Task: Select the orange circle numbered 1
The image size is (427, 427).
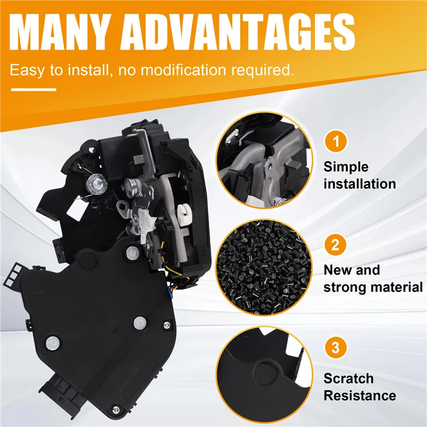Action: pyautogui.click(x=335, y=143)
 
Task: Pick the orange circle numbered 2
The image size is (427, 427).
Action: pyautogui.click(x=335, y=246)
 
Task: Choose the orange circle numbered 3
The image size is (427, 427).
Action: pyautogui.click(x=335, y=349)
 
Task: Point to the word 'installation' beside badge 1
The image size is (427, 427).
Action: pyautogui.click(x=359, y=184)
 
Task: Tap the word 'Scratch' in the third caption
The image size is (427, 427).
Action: pyautogui.click(x=349, y=378)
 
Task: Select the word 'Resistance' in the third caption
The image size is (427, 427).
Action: pyautogui.click(x=359, y=396)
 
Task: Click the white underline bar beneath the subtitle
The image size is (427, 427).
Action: pyautogui.click(x=33, y=89)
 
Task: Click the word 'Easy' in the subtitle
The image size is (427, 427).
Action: pyautogui.click(x=27, y=70)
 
